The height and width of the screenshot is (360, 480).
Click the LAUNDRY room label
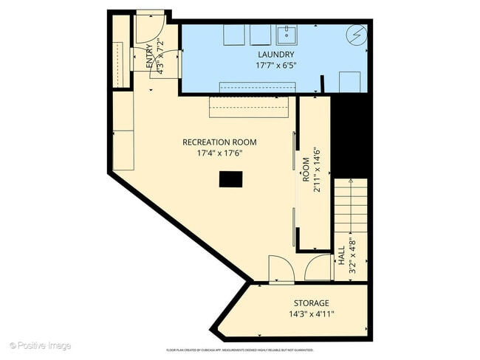pos(276,55)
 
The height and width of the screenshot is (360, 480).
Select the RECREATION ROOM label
pos(220,142)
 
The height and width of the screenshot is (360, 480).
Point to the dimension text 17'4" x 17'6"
pos(220,153)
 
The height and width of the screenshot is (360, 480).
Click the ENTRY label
pos(150,57)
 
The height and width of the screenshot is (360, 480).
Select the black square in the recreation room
pos(230,179)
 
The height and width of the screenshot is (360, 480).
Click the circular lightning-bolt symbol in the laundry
pos(357,34)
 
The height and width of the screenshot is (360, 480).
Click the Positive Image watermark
pos(41,345)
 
